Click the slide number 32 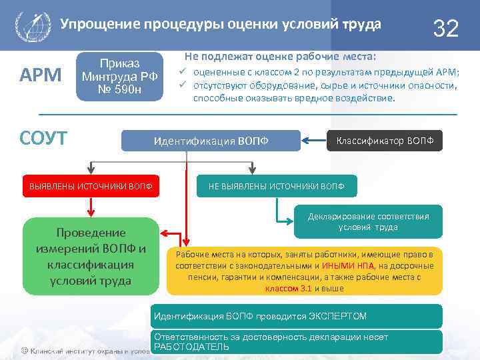point(445,28)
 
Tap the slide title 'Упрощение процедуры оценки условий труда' point(221,25)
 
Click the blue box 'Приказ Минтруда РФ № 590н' point(120,77)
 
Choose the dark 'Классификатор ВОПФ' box point(385,141)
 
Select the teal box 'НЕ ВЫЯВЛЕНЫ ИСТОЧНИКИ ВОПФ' point(277,185)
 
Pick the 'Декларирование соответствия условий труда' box point(368,221)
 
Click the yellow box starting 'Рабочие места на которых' point(304,271)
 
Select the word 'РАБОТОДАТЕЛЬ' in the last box point(191,347)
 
